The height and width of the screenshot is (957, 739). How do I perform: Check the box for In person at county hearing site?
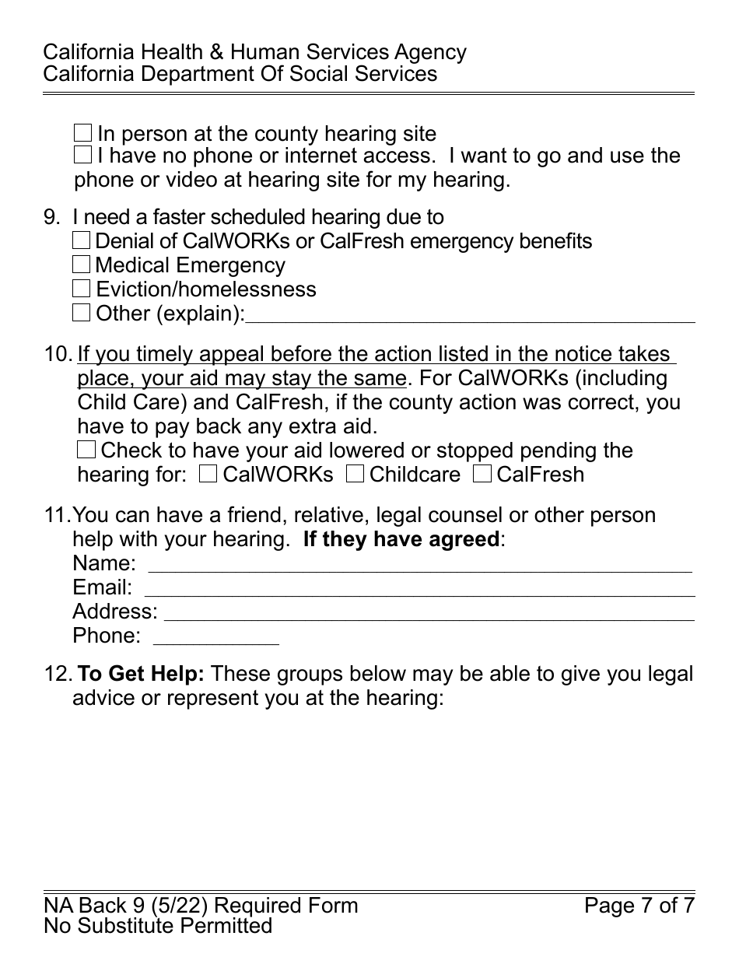click(x=83, y=133)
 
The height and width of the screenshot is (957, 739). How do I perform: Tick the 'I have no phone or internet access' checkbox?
click(x=83, y=155)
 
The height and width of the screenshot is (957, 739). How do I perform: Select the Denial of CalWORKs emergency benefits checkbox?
click(x=82, y=241)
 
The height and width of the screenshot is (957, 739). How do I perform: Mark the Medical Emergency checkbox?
click(x=82, y=265)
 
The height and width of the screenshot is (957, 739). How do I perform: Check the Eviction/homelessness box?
click(x=82, y=289)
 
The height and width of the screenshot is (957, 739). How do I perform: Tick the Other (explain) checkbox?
click(x=82, y=314)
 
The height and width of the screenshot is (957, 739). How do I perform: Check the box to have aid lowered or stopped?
click(x=86, y=450)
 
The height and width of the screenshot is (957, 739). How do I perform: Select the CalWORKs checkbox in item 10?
click(x=208, y=474)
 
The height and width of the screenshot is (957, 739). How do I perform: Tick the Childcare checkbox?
click(x=355, y=474)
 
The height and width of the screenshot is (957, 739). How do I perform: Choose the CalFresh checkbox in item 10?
click(x=482, y=474)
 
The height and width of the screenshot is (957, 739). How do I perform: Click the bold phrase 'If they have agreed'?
click(x=401, y=539)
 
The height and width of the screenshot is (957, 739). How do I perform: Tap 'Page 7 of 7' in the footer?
click(x=639, y=906)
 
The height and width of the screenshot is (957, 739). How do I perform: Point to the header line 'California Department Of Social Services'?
click(x=240, y=74)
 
